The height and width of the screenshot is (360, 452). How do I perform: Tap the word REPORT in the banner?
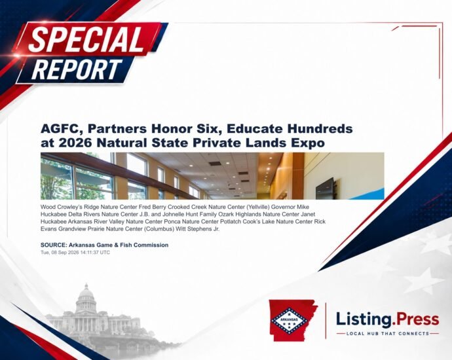(77, 69)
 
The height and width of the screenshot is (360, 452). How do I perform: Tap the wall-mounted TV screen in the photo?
(326, 189)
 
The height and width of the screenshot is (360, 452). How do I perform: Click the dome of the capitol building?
(86, 293)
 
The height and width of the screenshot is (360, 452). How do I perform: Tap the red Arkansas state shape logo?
(293, 320)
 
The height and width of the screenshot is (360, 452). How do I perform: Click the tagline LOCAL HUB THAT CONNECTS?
(388, 334)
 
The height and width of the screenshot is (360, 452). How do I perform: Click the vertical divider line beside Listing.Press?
(326, 321)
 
